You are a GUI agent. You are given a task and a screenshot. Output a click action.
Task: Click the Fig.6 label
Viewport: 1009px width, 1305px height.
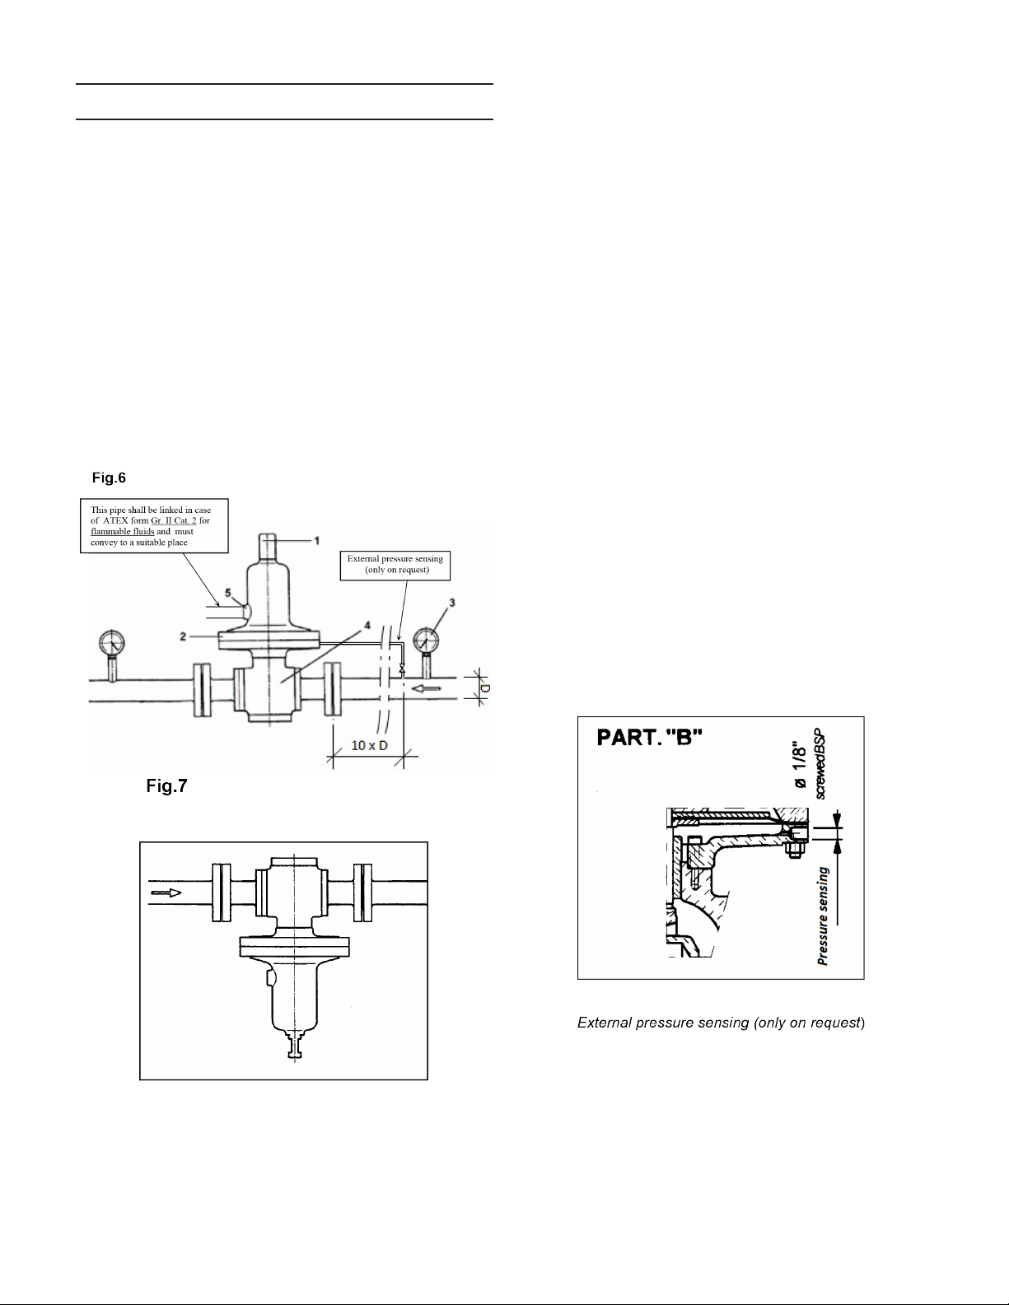pyautogui.click(x=109, y=478)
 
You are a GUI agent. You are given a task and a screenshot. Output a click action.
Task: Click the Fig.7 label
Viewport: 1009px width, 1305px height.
pyautogui.click(x=167, y=786)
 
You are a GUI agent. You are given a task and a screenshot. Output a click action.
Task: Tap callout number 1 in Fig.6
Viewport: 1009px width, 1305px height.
pyautogui.click(x=317, y=540)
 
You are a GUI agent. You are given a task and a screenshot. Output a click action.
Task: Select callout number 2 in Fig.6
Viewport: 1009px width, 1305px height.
pyautogui.click(x=183, y=636)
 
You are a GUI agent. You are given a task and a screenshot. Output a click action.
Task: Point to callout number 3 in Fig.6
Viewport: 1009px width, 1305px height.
pyautogui.click(x=452, y=603)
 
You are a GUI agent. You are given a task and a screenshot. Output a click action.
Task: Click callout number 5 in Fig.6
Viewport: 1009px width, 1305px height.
pyautogui.click(x=227, y=594)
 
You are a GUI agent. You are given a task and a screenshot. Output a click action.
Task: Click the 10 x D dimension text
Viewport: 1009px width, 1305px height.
pyautogui.click(x=369, y=745)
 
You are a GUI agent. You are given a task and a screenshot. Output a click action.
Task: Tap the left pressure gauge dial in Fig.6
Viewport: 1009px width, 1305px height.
pyautogui.click(x=113, y=642)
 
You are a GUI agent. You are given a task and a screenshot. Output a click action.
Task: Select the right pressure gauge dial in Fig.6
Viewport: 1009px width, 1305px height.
pyautogui.click(x=426, y=641)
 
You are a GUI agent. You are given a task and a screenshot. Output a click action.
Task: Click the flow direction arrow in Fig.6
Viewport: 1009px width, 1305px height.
pyautogui.click(x=427, y=689)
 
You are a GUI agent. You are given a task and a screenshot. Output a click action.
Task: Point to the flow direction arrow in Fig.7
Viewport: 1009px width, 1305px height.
pyautogui.click(x=166, y=893)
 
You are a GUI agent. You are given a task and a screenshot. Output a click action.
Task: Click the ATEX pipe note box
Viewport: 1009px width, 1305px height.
pyautogui.click(x=154, y=525)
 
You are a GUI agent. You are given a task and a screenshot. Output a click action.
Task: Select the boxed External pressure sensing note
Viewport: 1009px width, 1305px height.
pyautogui.click(x=395, y=566)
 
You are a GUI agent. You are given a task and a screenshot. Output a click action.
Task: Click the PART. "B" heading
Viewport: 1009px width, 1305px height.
pyautogui.click(x=650, y=738)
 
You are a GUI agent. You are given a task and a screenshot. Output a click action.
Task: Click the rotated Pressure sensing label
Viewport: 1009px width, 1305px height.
pyautogui.click(x=824, y=916)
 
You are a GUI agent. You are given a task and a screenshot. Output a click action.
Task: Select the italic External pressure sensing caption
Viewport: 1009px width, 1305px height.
pyautogui.click(x=722, y=1023)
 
